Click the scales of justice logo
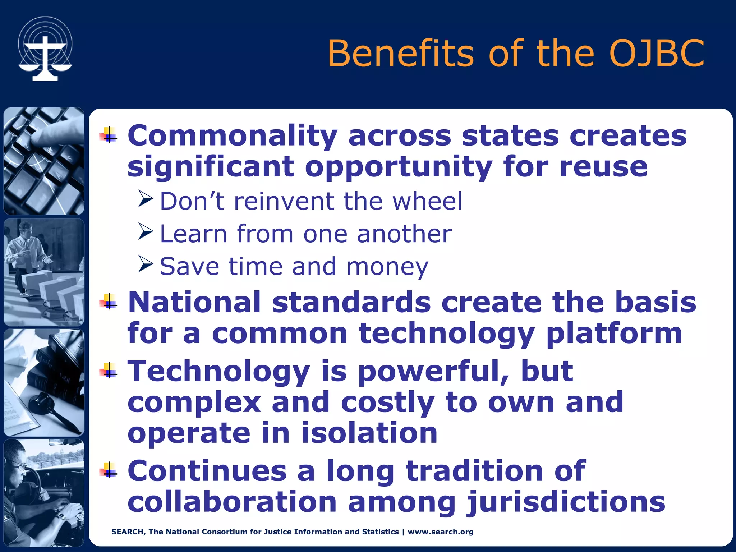(45, 49)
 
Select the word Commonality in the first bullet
(233, 137)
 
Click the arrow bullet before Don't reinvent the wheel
(146, 199)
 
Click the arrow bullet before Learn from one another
(146, 232)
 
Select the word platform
(614, 333)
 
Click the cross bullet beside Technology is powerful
(109, 371)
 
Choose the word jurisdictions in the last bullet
(566, 502)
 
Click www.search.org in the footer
(441, 532)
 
